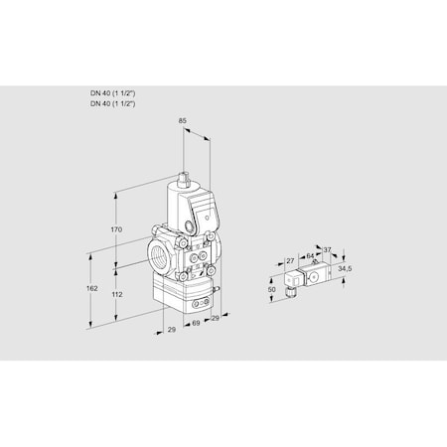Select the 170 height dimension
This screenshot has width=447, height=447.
point(117,229)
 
